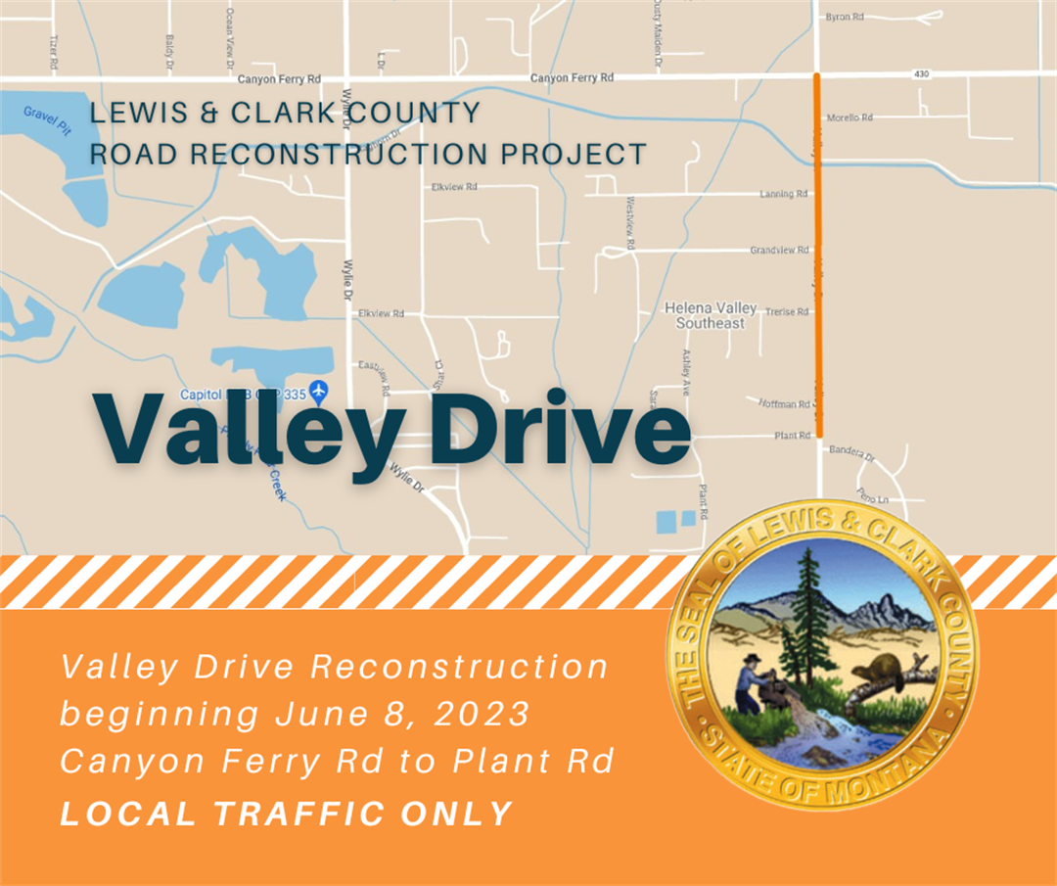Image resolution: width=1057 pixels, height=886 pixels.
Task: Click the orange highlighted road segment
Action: pos(818,255)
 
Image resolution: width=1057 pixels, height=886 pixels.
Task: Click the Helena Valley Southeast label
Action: pos(711,315)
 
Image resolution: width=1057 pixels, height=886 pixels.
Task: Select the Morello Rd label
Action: pos(849,117)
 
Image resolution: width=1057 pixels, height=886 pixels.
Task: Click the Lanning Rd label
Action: pos(784,194)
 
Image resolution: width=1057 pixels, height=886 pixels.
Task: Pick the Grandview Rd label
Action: pos(779,251)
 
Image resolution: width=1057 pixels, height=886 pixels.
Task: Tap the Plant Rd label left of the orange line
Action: pos(792,436)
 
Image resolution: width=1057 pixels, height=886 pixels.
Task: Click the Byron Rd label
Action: pos(845,17)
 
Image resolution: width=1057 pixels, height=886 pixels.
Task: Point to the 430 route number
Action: pos(920,73)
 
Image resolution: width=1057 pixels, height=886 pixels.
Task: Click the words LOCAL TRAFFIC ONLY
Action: pos(286,814)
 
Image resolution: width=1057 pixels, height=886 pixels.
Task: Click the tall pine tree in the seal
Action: pos(808,607)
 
